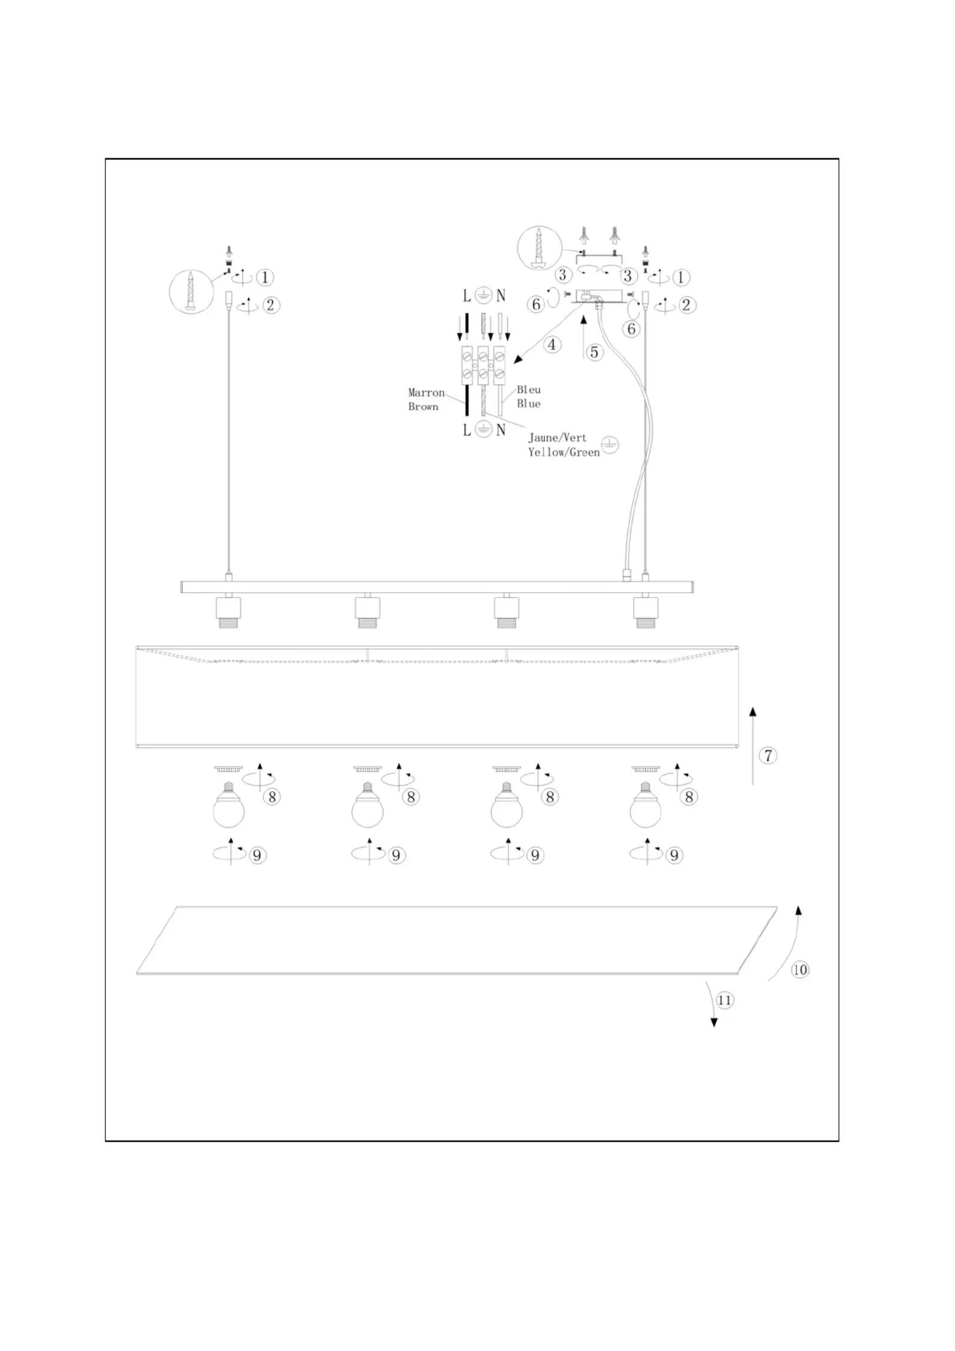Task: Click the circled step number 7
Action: pos(768,755)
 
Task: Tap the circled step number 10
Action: pos(800,969)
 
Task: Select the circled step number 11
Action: pos(725,1000)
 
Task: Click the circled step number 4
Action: pos(552,345)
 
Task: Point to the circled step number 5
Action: pos(595,352)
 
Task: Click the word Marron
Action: pos(426,393)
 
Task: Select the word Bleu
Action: pos(528,390)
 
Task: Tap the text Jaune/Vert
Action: pos(557,438)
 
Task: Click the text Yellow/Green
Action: pos(564,452)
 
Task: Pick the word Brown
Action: pos(423,407)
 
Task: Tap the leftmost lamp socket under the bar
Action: pos(228,611)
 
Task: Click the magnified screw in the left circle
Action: pos(191,292)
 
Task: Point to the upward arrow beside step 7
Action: pos(753,746)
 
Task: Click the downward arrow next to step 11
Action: pos(711,1003)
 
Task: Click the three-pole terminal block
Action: pos(483,365)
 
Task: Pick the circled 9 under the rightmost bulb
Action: pos(674,855)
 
